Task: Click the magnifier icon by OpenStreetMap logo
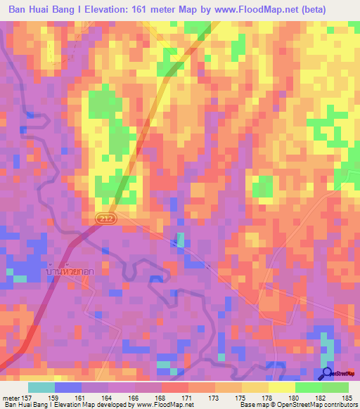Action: [328, 373]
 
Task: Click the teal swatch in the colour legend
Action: [41, 387]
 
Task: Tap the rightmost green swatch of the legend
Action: [335, 387]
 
